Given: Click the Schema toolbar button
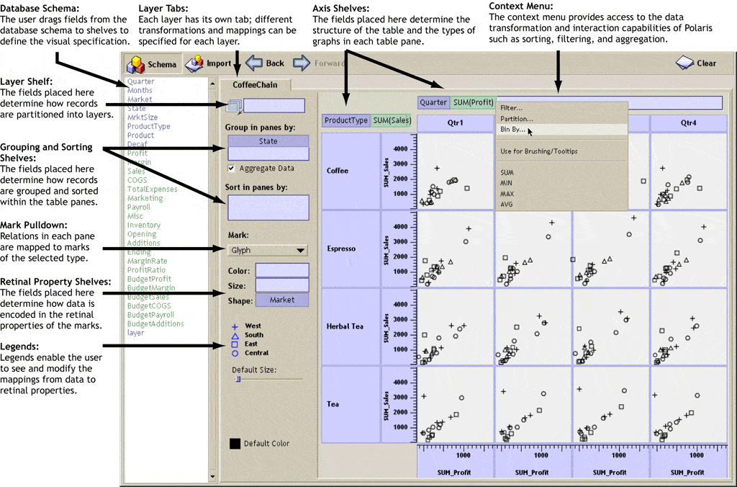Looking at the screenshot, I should pos(151,64).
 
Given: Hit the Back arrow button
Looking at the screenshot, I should pos(266,63).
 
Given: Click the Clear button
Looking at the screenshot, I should pos(697,63).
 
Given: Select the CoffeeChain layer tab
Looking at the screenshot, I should pos(255,85).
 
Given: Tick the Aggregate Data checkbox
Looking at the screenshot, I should pos(231,169).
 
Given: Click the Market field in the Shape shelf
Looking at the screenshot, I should pos(282,300).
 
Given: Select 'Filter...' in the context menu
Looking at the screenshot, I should pos(511,108).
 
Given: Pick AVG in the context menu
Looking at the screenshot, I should pos(507,205).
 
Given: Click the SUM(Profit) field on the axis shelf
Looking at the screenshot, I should pos(474,102).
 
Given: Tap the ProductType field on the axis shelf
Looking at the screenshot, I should pos(346,120).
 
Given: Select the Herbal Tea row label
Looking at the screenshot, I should pos(346,326).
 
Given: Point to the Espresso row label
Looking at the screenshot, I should pos(341,249).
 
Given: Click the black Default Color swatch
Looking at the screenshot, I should pos(235,444).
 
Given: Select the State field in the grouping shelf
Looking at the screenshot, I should pos(268,141).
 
